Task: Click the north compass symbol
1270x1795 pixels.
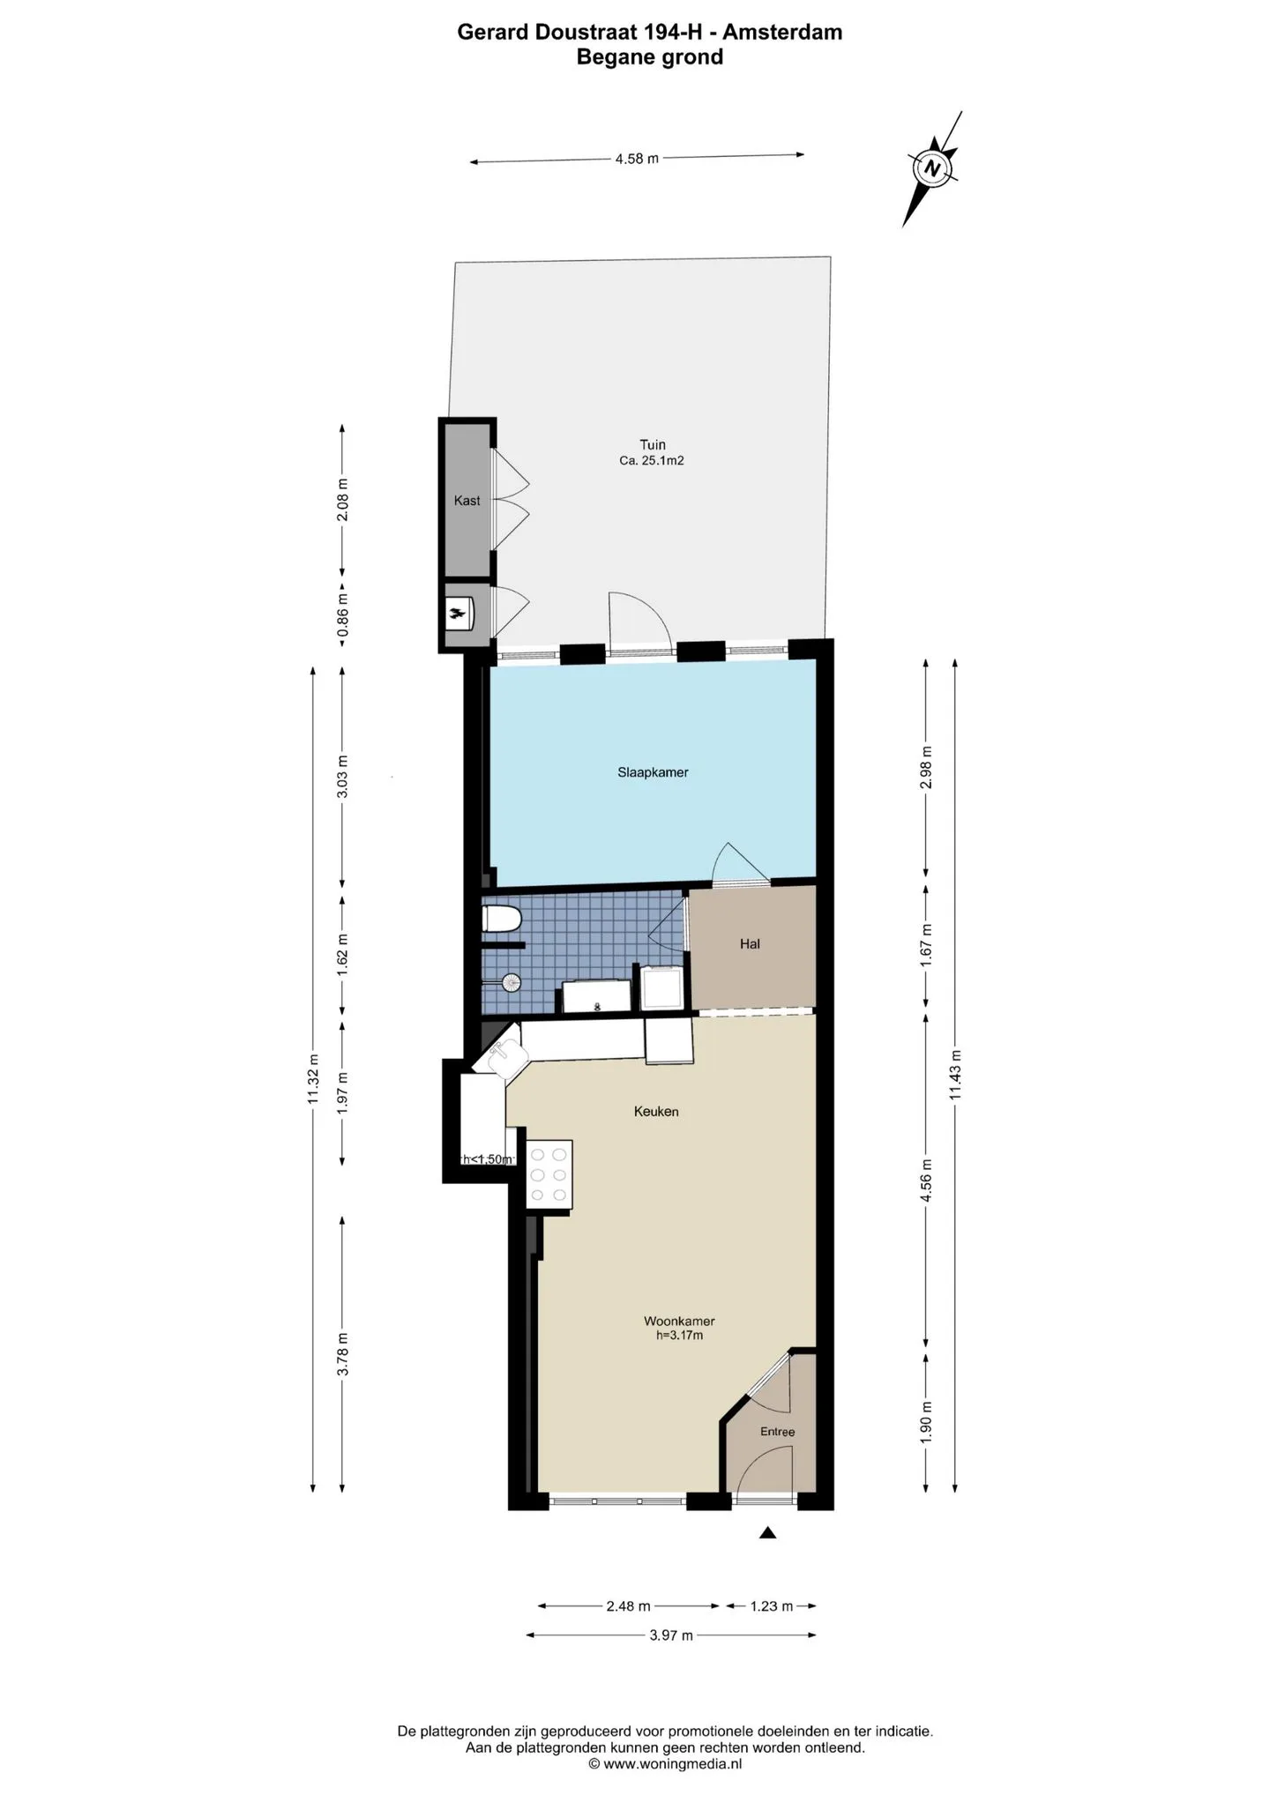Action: (933, 168)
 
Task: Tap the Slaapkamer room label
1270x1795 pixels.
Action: (653, 772)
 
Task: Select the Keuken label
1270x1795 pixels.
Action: (656, 1112)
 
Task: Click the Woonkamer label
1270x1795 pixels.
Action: (679, 1322)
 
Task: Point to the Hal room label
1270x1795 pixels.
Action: (750, 944)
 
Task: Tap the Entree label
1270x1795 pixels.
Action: (778, 1432)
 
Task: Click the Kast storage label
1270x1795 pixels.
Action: (467, 501)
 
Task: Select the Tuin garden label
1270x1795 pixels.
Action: (653, 445)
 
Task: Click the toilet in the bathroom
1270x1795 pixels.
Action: (502, 920)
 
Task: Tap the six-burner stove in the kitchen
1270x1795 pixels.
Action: (549, 1174)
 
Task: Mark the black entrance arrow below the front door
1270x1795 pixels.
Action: (767, 1533)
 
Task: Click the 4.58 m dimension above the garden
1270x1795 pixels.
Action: (637, 160)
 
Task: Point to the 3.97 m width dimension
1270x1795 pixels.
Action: (671, 1635)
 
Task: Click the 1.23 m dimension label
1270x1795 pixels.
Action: (771, 1606)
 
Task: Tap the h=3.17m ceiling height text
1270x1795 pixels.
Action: (679, 1335)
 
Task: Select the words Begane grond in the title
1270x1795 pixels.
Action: (650, 57)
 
